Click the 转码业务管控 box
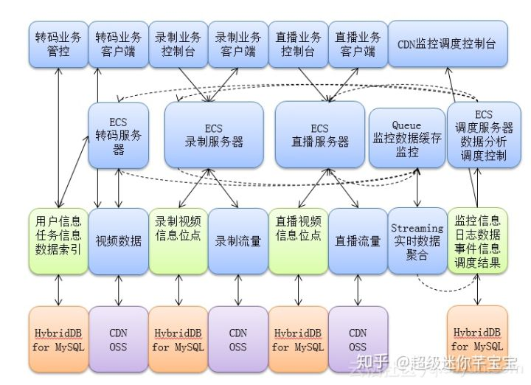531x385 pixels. click(58, 44)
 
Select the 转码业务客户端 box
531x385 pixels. click(118, 44)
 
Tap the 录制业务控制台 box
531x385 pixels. click(178, 44)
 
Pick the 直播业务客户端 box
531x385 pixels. click(358, 44)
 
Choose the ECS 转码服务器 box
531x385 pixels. click(119, 134)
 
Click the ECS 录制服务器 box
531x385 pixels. click(214, 134)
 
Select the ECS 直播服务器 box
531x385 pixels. click(319, 134)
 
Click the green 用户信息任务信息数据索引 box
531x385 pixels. click(58, 240)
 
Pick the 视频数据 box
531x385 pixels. click(118, 240)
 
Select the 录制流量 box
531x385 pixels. click(237, 240)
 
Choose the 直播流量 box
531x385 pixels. click(358, 240)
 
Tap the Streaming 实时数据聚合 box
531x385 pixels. click(417, 240)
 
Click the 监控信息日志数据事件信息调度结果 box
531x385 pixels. click(478, 240)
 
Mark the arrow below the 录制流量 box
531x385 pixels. click(238, 290)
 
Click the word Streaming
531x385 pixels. click(417, 228)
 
